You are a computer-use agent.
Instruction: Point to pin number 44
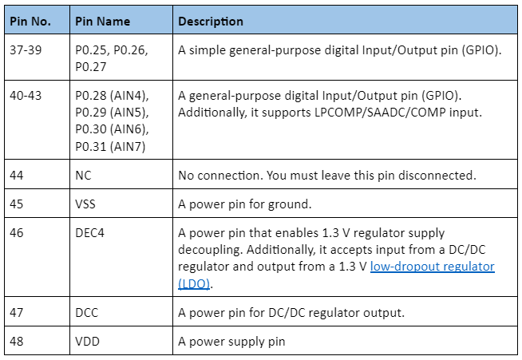pos(17,175)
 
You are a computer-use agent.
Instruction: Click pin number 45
pos(17,204)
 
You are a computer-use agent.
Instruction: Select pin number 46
pos(17,233)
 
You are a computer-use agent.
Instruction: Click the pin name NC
pos(84,175)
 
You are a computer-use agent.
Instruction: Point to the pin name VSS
pos(86,204)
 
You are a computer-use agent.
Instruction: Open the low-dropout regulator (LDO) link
pos(432,267)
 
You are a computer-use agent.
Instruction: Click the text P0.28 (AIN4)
pos(112,96)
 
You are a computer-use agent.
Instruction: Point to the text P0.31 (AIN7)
pos(112,146)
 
